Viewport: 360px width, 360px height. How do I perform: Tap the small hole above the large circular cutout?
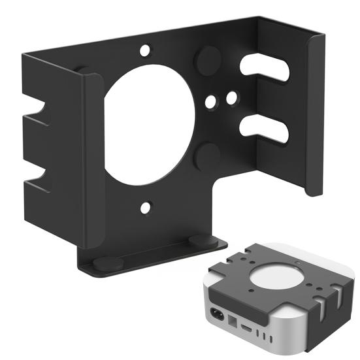click(x=145, y=49)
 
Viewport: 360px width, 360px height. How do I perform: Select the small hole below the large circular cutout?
click(x=145, y=208)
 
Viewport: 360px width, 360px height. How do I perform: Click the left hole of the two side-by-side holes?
click(x=210, y=102)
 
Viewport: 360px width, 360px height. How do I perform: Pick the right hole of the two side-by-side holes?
click(x=231, y=97)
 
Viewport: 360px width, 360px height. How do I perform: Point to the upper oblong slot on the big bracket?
click(x=264, y=69)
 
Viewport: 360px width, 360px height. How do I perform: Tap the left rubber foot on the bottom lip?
click(x=108, y=263)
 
